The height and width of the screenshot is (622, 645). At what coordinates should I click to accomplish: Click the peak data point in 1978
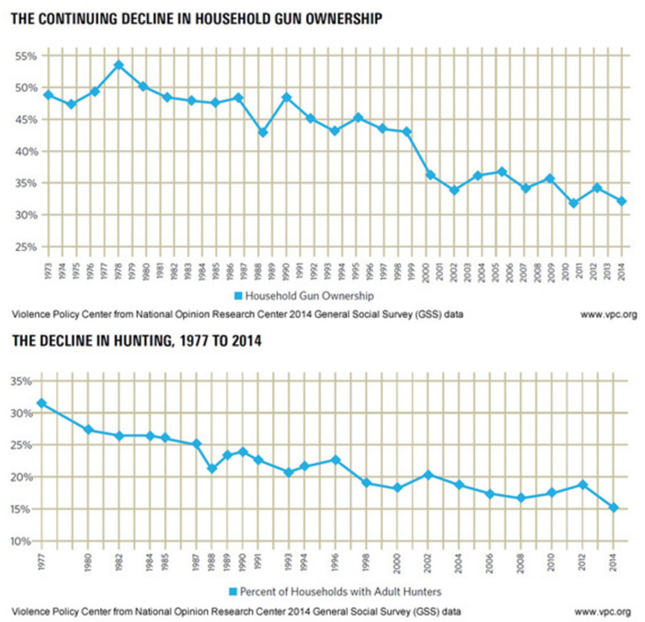(x=119, y=65)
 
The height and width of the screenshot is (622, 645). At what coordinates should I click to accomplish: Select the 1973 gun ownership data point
(x=49, y=95)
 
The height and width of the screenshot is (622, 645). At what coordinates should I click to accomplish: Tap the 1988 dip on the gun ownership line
(x=263, y=132)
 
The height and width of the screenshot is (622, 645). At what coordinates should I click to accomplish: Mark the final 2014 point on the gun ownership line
(x=621, y=201)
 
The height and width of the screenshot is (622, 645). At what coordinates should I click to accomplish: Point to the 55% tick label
(x=26, y=56)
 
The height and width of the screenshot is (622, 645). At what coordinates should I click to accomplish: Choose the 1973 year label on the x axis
(x=48, y=272)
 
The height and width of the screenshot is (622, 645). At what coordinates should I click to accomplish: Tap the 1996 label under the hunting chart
(x=335, y=563)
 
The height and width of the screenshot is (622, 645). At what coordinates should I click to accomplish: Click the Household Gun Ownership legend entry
(x=304, y=296)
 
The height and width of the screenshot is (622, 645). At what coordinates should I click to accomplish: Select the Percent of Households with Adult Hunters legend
(x=335, y=591)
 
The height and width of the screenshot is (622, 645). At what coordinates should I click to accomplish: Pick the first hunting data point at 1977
(x=42, y=403)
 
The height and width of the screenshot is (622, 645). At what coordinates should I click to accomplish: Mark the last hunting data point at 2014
(x=614, y=508)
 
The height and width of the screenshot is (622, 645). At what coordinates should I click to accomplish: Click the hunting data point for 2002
(x=428, y=475)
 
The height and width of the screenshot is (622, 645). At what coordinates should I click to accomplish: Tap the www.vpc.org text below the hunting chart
(x=602, y=612)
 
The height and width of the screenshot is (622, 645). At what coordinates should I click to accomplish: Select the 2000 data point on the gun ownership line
(x=430, y=175)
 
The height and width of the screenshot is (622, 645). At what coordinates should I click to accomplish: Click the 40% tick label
(x=26, y=152)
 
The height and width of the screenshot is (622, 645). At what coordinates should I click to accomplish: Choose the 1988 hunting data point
(x=212, y=468)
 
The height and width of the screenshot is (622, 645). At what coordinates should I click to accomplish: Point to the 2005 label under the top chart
(x=495, y=272)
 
